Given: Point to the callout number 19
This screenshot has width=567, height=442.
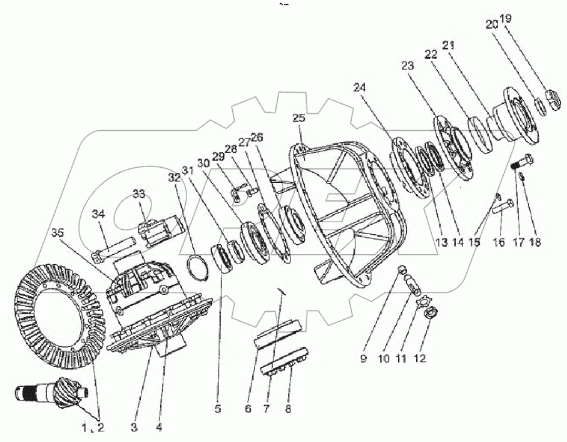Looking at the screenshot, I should click(x=506, y=19).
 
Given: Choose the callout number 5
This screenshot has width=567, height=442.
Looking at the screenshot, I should click(x=218, y=411).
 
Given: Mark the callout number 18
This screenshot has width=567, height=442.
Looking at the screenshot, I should click(x=536, y=241).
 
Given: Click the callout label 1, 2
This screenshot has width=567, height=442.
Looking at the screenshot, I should click(x=93, y=428).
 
